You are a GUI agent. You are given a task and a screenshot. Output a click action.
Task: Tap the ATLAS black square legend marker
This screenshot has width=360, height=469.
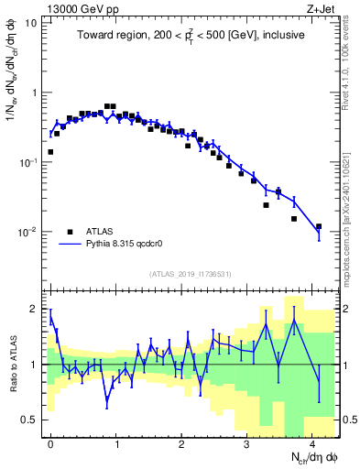click(71, 233)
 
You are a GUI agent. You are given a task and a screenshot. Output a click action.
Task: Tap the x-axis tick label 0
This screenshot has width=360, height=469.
click(50, 442)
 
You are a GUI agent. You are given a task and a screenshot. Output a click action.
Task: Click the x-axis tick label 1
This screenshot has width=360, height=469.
click(116, 442)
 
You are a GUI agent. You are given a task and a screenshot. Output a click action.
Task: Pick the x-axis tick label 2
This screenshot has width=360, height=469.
click(181, 442)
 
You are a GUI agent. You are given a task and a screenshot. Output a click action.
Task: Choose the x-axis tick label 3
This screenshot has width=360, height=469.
click(247, 442)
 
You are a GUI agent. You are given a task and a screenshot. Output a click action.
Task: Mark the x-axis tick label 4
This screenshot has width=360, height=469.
click(312, 442)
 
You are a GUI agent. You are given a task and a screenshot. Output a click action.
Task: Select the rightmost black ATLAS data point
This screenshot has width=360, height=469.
click(319, 226)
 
